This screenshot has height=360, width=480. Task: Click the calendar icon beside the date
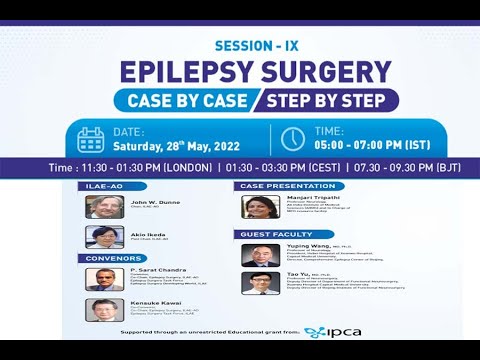91,138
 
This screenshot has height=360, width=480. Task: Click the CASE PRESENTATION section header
280,186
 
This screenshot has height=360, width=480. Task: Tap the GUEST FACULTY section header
271,234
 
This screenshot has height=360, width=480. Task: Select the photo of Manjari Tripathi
259,207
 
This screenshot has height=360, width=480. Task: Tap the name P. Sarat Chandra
150,269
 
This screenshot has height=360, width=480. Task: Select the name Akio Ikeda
146,233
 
